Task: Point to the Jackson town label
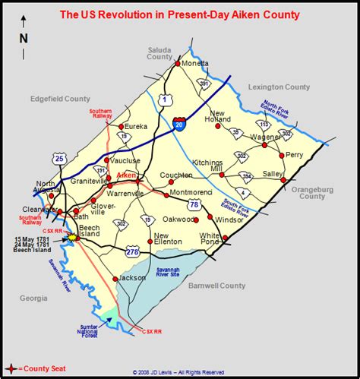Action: click(x=131, y=279)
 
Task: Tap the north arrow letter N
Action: click(x=24, y=38)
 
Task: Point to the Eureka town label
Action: click(x=136, y=128)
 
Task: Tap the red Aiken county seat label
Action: click(x=127, y=175)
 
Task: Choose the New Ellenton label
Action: click(x=168, y=238)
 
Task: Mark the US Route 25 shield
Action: click(x=59, y=159)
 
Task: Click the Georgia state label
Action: click(x=33, y=298)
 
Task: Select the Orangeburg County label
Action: click(x=312, y=192)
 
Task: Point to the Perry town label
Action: click(x=294, y=154)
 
